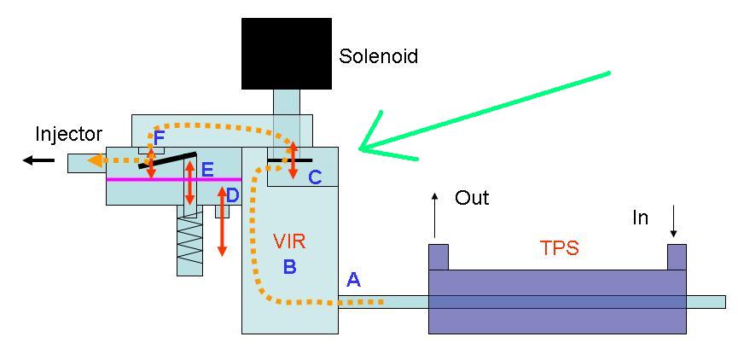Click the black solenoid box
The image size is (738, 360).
click(x=286, y=53)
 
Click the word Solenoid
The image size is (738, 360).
click(x=379, y=56)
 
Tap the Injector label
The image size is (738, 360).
click(x=68, y=134)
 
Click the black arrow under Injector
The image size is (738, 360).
click(x=38, y=160)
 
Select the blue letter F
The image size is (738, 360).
click(x=159, y=137)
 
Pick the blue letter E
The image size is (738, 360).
click(x=206, y=169)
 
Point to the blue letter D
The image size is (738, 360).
click(x=232, y=195)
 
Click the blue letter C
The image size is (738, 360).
click(x=315, y=177)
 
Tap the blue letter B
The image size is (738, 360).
click(x=290, y=266)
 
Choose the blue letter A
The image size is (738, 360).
click(x=353, y=279)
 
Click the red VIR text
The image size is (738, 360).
click(x=289, y=241)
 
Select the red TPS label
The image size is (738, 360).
click(x=559, y=247)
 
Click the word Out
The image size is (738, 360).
click(x=472, y=198)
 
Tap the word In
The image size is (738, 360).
click(x=640, y=218)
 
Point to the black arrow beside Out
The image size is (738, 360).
click(x=435, y=214)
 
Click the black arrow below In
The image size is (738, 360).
click(x=674, y=224)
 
